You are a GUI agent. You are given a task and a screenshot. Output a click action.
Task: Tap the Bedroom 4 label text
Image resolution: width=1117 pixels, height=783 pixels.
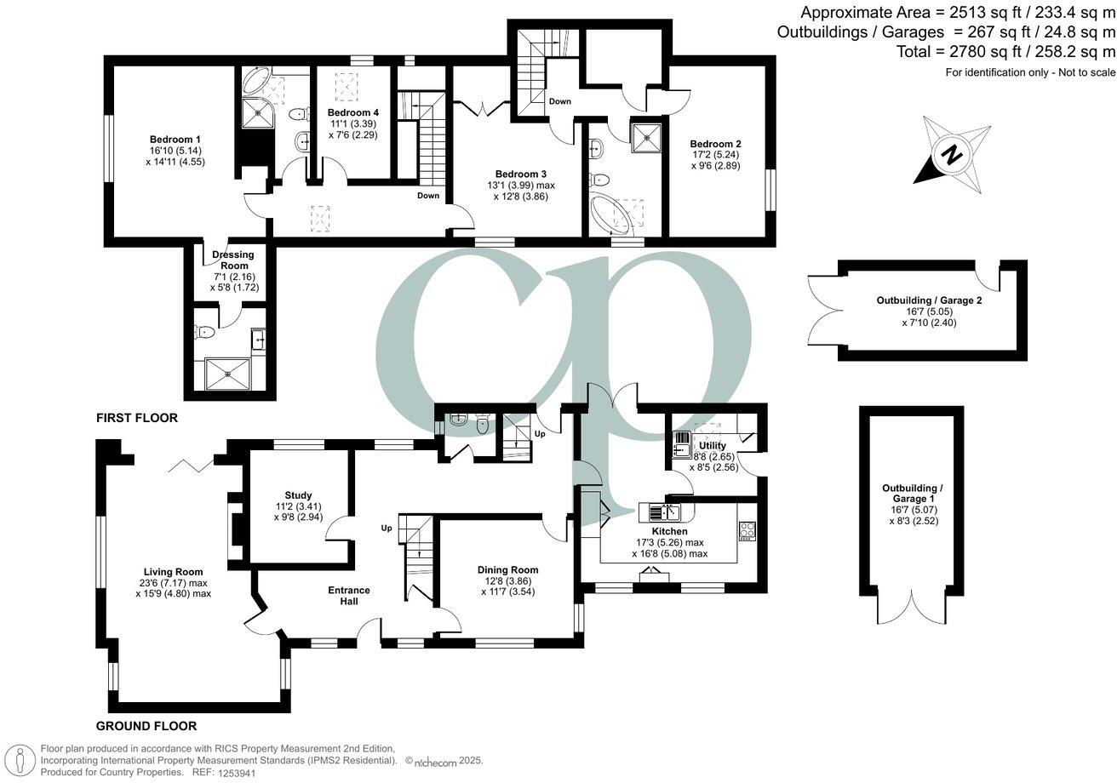pos(353,112)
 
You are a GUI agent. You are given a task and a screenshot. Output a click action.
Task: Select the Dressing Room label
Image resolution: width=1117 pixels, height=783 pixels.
pos(230,259)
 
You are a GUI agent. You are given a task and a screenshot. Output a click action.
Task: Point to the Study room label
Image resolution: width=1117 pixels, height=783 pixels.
pos(298,494)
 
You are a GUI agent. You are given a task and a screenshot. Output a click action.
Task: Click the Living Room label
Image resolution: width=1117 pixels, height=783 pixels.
pos(173,572)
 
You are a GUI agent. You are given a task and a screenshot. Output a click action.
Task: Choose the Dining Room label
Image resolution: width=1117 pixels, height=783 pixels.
pos(507,569)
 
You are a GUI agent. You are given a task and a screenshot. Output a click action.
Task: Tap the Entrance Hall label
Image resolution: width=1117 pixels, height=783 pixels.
pos(349,596)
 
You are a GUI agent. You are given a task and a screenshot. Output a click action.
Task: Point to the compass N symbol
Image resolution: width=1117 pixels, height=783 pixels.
pos(952,156)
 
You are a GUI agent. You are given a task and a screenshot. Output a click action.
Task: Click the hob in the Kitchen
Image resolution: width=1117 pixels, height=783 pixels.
pos(747,531)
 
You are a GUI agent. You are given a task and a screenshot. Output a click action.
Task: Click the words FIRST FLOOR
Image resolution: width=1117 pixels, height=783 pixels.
pos(136,418)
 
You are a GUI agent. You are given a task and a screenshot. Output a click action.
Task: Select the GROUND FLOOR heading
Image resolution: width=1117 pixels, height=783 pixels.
pos(146,726)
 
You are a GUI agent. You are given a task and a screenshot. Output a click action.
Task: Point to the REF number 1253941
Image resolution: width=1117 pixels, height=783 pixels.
pos(238,772)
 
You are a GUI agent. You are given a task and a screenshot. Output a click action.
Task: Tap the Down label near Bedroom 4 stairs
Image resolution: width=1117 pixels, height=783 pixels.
pos(428,196)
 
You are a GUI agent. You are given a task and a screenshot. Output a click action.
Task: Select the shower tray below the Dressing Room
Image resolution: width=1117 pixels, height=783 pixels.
pos(229,371)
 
